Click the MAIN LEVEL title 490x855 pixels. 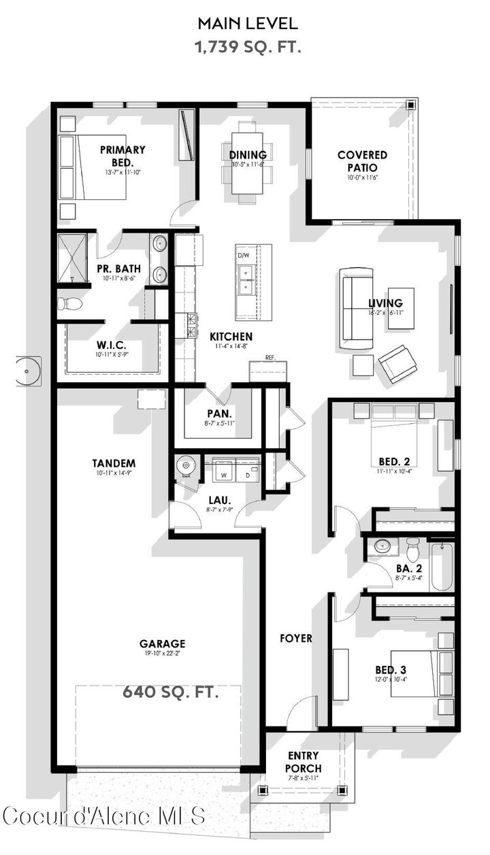pos(248,23)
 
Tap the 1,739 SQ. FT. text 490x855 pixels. pos(248,47)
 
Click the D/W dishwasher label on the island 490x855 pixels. pos(244,255)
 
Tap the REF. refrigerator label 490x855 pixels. pos(269,358)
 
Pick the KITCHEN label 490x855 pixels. pos(231,336)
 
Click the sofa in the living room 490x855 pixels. pos(357,303)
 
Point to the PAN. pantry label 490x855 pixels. pos(219,413)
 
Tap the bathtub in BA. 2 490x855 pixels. pos(440,566)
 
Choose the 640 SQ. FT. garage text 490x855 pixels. pos(171,692)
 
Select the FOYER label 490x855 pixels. pos(297,638)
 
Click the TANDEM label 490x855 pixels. pos(114,463)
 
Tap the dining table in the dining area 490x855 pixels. pos(248,163)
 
